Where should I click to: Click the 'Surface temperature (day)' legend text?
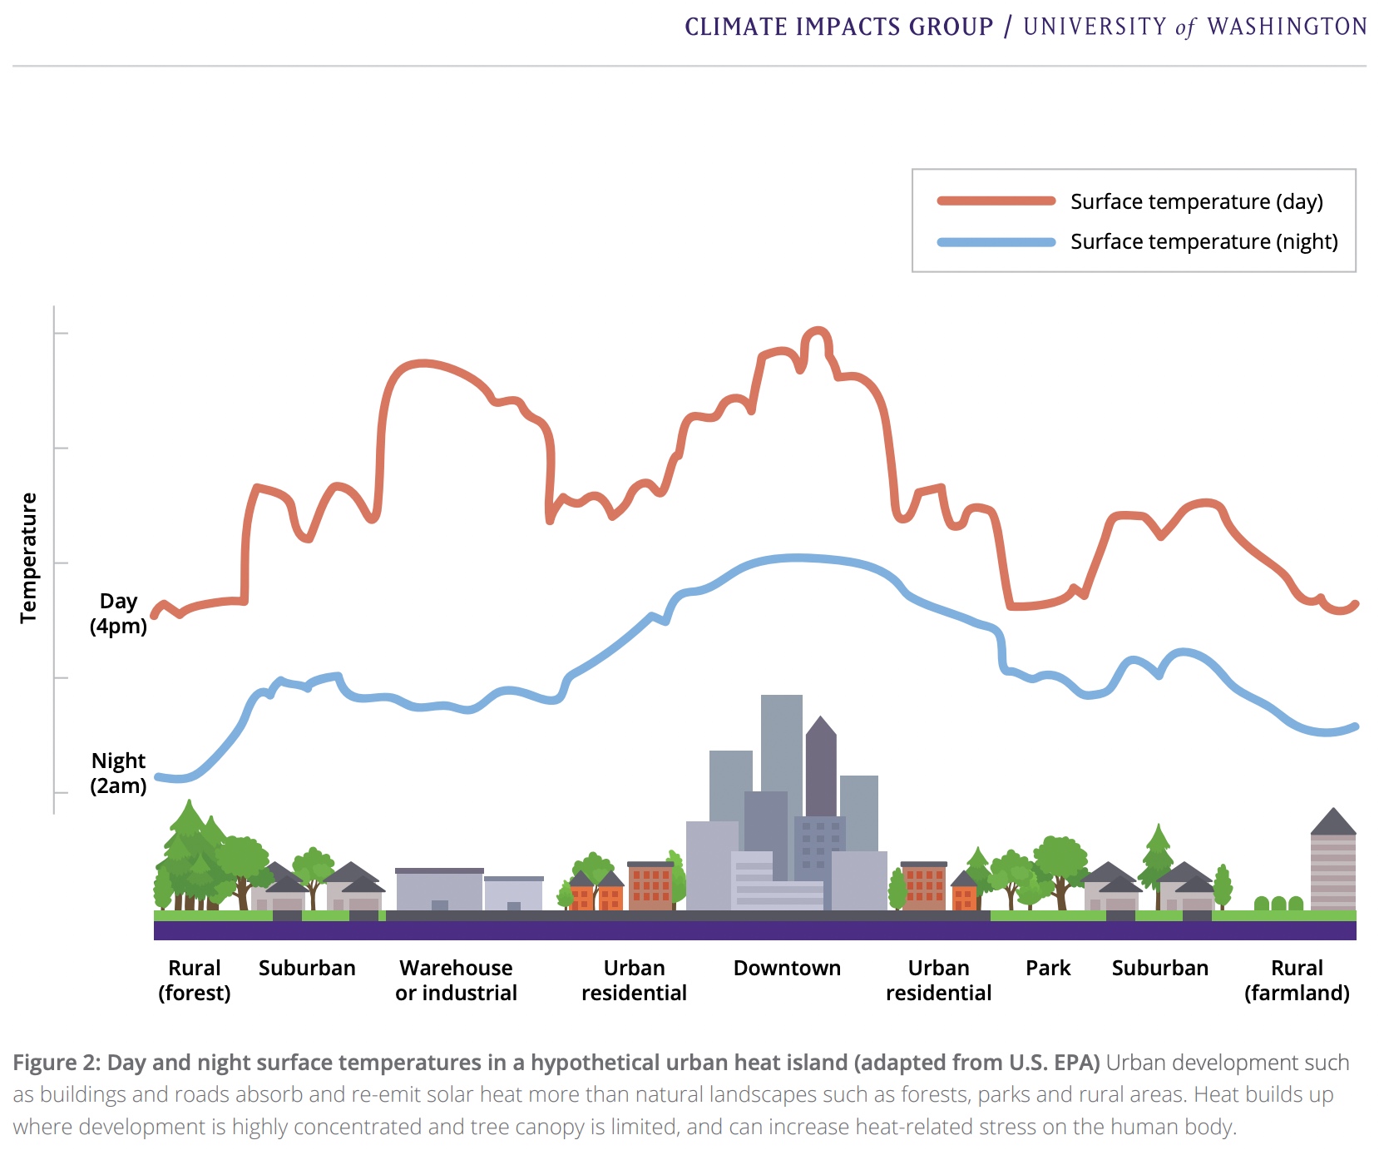1196,201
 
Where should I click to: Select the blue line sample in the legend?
996,242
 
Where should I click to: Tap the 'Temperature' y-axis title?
29,557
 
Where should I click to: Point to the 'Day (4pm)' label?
118,613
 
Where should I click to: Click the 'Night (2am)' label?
118,773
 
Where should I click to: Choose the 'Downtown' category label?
787,968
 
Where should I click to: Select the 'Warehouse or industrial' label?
456,980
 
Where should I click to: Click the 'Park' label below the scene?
1048,968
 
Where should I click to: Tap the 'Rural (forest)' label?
195,980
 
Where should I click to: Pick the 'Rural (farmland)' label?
1297,980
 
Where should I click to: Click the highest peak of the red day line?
817,330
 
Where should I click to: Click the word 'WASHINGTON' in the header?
1287,27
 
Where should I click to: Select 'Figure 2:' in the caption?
56,1063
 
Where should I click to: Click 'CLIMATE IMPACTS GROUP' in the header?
838,27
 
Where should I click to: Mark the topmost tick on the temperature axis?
60,333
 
